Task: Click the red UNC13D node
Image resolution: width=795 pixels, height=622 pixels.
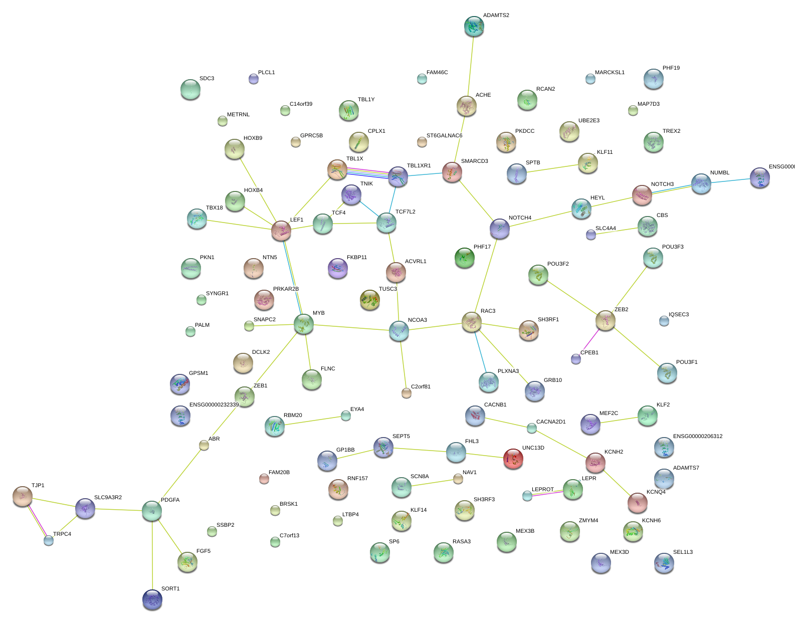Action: pos(513,458)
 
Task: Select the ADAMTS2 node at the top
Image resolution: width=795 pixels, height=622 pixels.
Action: pos(474,26)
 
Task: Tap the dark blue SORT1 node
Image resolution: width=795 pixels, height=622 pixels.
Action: pos(152,599)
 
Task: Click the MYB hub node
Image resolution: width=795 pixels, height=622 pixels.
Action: pos(304,324)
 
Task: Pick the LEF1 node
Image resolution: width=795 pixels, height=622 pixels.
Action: pos(281,230)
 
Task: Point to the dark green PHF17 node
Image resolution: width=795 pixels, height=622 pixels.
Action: pos(465,258)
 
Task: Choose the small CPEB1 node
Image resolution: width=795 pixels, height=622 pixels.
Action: pos(576,359)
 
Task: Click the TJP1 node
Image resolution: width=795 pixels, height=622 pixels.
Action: pos(23,496)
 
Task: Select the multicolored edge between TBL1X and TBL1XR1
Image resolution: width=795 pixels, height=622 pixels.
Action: pos(367,173)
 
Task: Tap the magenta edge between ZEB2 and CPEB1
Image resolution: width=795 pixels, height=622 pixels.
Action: pos(590,340)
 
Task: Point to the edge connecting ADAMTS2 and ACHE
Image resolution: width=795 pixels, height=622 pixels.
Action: pos(470,65)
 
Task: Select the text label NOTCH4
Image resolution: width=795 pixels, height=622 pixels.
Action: pos(520,218)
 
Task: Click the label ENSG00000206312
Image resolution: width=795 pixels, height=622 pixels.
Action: pos(697,437)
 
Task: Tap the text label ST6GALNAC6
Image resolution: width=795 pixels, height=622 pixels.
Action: pos(444,136)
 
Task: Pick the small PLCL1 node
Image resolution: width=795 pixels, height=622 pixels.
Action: pos(254,79)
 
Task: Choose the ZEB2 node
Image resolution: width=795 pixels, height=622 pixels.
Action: pos(605,320)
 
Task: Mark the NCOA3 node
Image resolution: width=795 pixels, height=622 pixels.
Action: pos(399,330)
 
